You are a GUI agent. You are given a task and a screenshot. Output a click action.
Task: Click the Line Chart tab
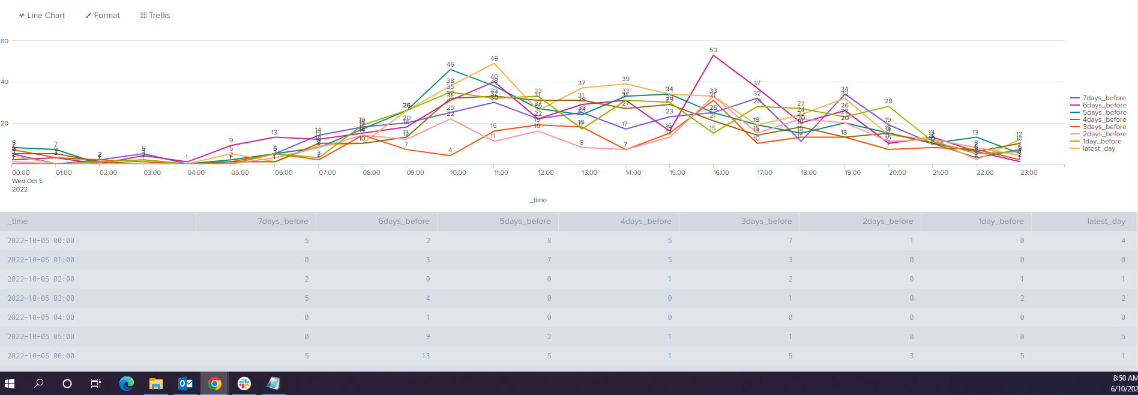click(42, 16)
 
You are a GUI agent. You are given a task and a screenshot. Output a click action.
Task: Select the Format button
click(103, 16)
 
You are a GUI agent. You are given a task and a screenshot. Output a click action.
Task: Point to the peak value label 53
click(713, 50)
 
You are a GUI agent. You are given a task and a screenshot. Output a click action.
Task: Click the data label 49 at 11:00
click(494, 59)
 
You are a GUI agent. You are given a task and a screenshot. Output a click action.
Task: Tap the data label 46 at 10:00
click(450, 65)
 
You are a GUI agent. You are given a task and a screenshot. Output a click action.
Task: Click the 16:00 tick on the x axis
click(721, 173)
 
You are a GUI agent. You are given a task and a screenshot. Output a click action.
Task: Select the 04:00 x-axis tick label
click(196, 173)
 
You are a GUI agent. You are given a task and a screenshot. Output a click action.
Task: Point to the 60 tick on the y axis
click(5, 41)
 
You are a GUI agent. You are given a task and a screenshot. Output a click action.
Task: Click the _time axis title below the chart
click(538, 201)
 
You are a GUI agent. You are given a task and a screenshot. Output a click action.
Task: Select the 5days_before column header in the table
click(525, 222)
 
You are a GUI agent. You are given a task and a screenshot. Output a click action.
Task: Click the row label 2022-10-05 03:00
click(41, 298)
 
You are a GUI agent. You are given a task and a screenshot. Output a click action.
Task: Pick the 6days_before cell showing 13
click(426, 356)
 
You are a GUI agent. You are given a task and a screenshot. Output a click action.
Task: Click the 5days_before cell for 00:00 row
click(549, 241)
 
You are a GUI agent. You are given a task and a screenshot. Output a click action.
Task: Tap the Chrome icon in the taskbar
click(214, 384)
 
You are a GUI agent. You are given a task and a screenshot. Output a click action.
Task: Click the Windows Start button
click(10, 384)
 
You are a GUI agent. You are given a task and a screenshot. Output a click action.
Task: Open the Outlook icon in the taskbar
click(185, 384)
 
